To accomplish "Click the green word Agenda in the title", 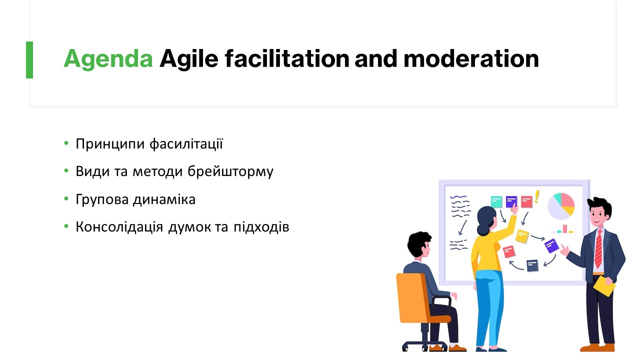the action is (x=108, y=59).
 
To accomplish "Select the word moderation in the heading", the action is (x=471, y=58).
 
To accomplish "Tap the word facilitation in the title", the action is (x=287, y=58).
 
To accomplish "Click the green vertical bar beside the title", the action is (x=29, y=60).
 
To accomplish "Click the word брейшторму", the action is (x=230, y=172).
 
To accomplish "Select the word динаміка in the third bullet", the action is (x=164, y=199).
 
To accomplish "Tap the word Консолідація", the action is (x=119, y=227).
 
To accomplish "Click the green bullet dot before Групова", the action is (x=66, y=198).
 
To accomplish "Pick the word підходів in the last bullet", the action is (x=261, y=227).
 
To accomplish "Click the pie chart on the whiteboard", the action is (x=561, y=206).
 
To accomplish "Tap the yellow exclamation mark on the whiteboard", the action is (x=537, y=197).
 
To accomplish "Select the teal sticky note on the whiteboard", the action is (x=496, y=201).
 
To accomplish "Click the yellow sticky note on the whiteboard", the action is (x=522, y=236).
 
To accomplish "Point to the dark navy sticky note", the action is (x=532, y=265).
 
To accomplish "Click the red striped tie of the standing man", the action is (x=598, y=248).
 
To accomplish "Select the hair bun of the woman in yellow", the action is (x=482, y=229).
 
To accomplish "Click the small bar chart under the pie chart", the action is (x=562, y=229).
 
